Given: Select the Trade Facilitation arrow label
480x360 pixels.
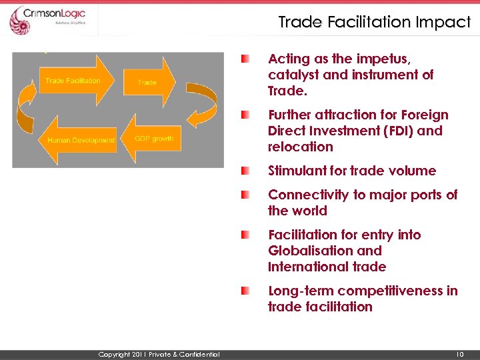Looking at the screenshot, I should click(x=73, y=81).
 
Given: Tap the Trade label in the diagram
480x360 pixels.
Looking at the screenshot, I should click(x=147, y=83).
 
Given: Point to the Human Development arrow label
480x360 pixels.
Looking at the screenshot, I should click(x=81, y=140).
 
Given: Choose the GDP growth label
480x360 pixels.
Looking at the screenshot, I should click(x=154, y=139).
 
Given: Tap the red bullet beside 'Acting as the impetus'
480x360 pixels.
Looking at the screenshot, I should click(x=247, y=59).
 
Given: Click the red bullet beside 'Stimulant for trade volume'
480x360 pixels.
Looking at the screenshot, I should click(x=247, y=171).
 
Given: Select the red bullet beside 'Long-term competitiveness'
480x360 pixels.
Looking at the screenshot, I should click(x=247, y=291).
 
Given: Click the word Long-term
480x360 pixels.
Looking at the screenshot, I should click(x=301, y=291).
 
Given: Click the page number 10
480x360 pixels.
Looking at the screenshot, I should click(x=459, y=354).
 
